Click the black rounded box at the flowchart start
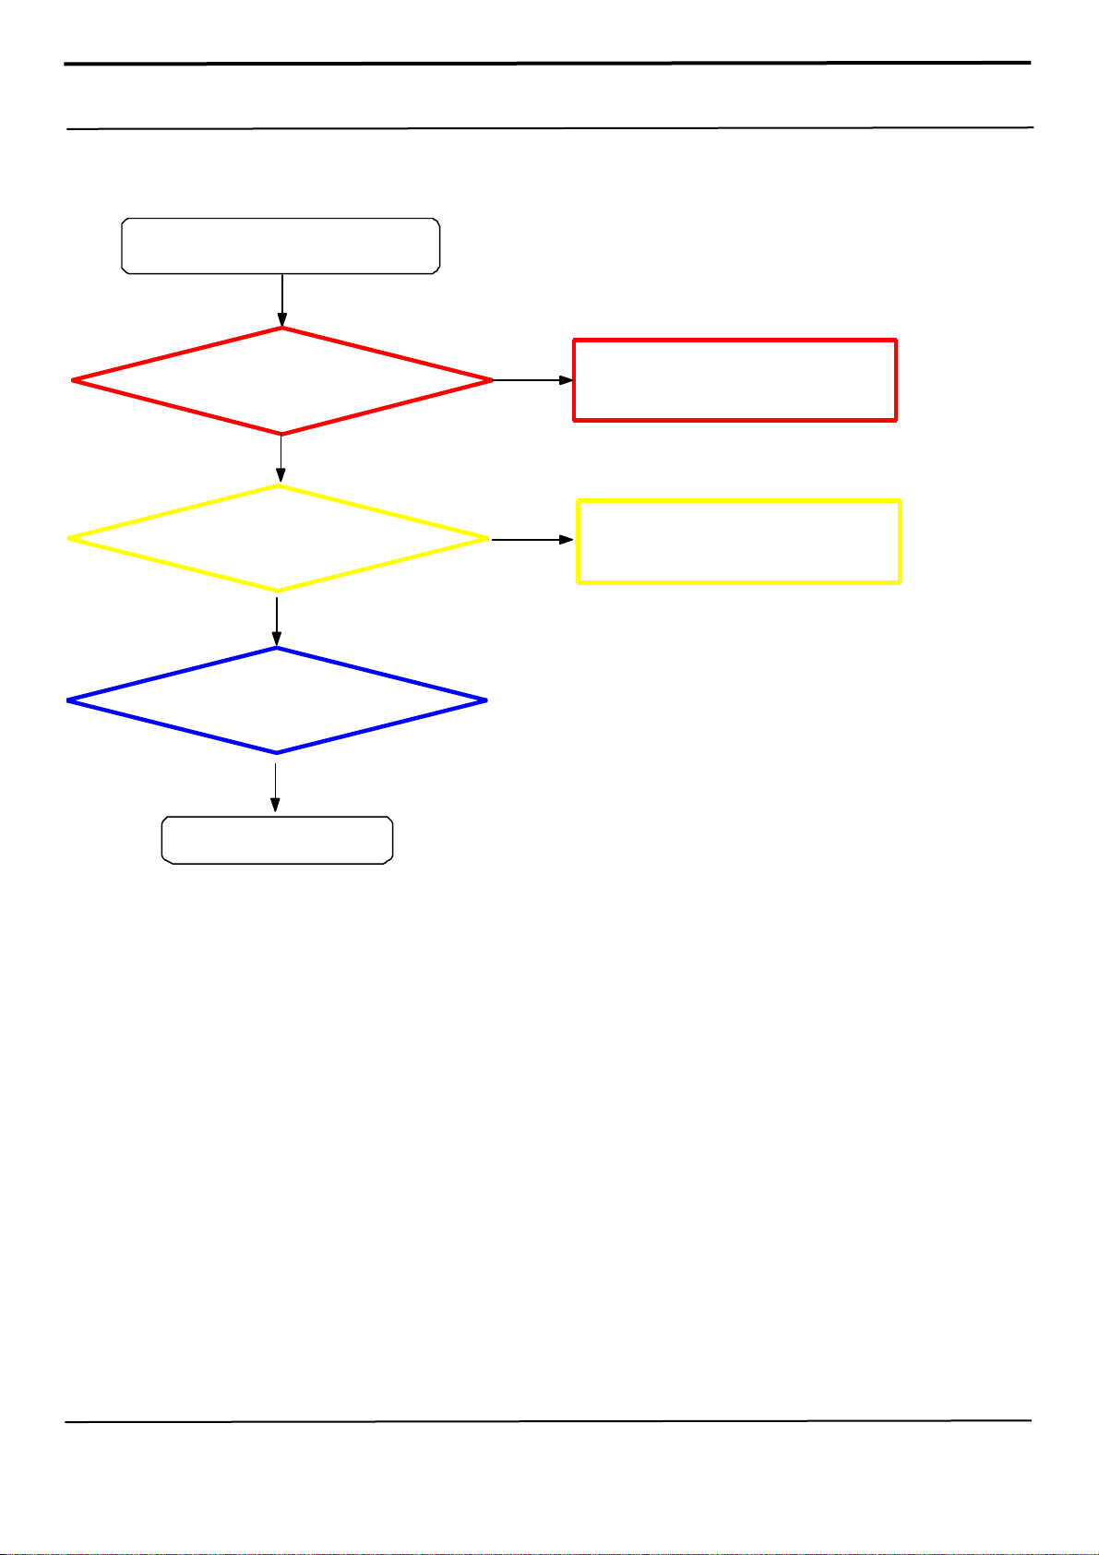tap(281, 246)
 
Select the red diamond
tap(281, 380)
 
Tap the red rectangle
tap(735, 380)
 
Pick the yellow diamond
tap(278, 538)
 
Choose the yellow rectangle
tap(738, 542)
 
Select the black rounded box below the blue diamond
tap(277, 840)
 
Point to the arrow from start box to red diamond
tap(281, 300)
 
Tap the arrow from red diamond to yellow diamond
tap(281, 460)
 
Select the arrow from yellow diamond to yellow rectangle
tap(532, 539)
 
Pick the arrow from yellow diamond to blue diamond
tap(277, 619)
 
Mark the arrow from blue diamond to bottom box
tap(276, 784)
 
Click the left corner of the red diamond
tap(74, 380)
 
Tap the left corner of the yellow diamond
tap(70, 538)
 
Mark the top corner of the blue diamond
tap(277, 649)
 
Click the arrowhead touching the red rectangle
tap(566, 380)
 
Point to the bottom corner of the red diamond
tap(281, 433)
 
